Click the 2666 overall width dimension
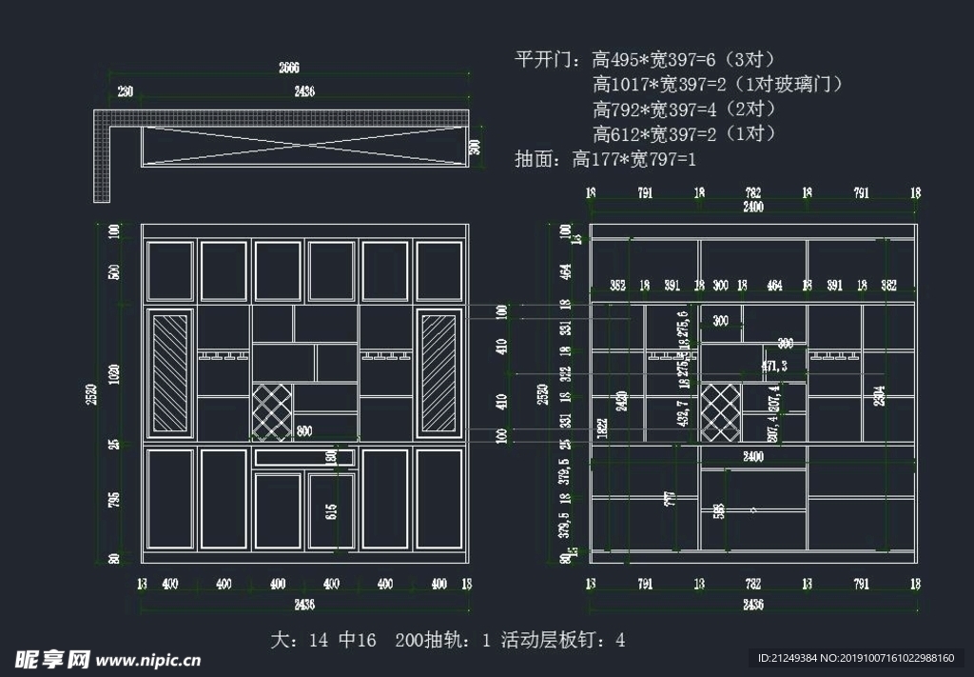(288, 68)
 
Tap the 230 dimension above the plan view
(126, 91)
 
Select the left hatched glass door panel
(171, 373)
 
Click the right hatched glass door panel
(439, 373)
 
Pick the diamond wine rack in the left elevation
(272, 411)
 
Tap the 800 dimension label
(304, 430)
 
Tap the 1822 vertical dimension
(602, 429)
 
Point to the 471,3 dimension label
(774, 366)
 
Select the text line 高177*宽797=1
(633, 159)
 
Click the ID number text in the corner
(855, 658)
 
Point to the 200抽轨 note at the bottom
(443, 641)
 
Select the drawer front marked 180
(303, 457)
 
